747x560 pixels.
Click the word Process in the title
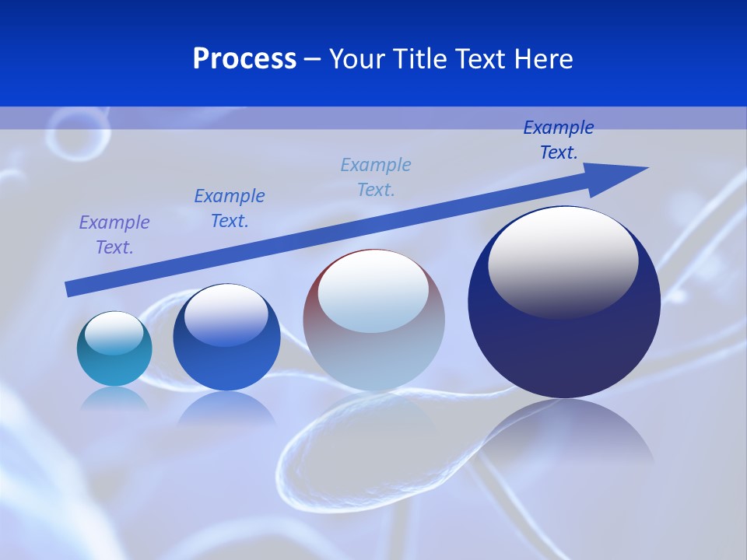pyautogui.click(x=244, y=59)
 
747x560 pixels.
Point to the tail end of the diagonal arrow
pyautogui.click(x=72, y=289)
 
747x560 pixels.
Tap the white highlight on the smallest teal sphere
pyautogui.click(x=114, y=333)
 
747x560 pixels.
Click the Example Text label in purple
pyautogui.click(x=114, y=235)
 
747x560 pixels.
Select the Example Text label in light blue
pyautogui.click(x=376, y=177)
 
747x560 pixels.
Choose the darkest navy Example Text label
pyautogui.click(x=559, y=140)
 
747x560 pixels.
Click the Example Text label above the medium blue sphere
pyautogui.click(x=230, y=208)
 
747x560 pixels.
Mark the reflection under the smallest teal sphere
pyautogui.click(x=114, y=398)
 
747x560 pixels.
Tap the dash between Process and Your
pyautogui.click(x=313, y=59)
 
